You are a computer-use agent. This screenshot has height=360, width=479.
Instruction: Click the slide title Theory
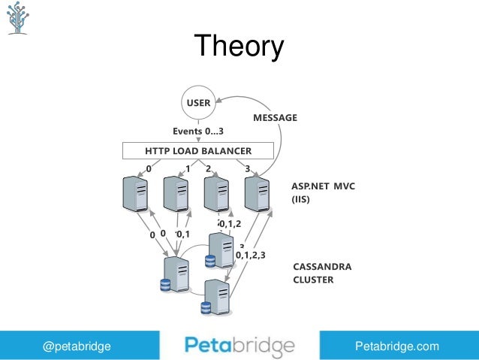click(239, 47)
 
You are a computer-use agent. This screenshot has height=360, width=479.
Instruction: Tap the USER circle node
click(198, 103)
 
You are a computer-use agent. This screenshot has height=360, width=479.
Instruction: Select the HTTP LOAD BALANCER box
click(198, 151)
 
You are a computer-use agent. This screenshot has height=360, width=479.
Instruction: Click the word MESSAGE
click(275, 118)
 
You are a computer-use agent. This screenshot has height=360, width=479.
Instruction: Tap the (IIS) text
click(301, 201)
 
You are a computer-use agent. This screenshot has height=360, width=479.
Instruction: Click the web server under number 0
click(135, 194)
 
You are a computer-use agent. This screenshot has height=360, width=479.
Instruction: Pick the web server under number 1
click(175, 194)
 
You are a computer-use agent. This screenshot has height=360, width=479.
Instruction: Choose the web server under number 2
click(215, 194)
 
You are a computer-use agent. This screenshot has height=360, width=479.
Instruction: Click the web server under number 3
click(257, 194)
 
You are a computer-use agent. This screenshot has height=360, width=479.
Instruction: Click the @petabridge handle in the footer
click(77, 346)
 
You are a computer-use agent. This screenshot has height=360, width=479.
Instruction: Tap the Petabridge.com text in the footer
click(396, 346)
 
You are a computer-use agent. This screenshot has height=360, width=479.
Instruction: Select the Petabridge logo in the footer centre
click(239, 346)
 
